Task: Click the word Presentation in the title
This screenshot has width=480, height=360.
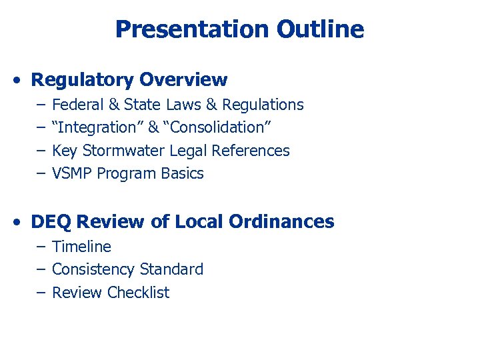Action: click(192, 29)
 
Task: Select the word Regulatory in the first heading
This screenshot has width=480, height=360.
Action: click(83, 80)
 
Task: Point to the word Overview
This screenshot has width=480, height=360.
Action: click(183, 80)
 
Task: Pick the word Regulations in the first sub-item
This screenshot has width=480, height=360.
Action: click(263, 105)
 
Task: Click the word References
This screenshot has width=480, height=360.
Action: click(251, 151)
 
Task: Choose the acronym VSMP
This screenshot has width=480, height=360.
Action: click(72, 173)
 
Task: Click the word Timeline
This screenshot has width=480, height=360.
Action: click(81, 247)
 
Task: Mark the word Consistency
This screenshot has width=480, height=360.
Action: click(93, 269)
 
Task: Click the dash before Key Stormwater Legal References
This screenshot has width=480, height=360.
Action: click(41, 151)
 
